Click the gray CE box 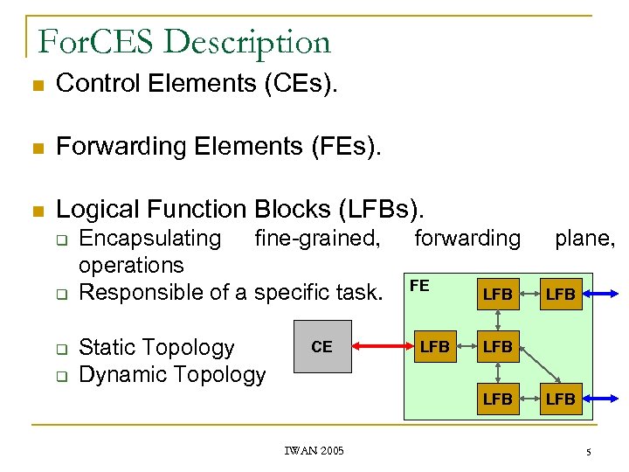click(x=322, y=346)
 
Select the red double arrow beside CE click(x=381, y=347)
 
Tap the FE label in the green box click(x=419, y=286)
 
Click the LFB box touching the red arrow click(x=434, y=347)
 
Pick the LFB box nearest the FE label click(x=497, y=295)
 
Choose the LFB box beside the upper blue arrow click(x=560, y=295)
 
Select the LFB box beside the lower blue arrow click(x=560, y=399)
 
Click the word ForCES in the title click(x=93, y=41)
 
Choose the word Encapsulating click(x=149, y=238)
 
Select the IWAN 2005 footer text click(x=314, y=450)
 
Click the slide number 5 click(x=588, y=451)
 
